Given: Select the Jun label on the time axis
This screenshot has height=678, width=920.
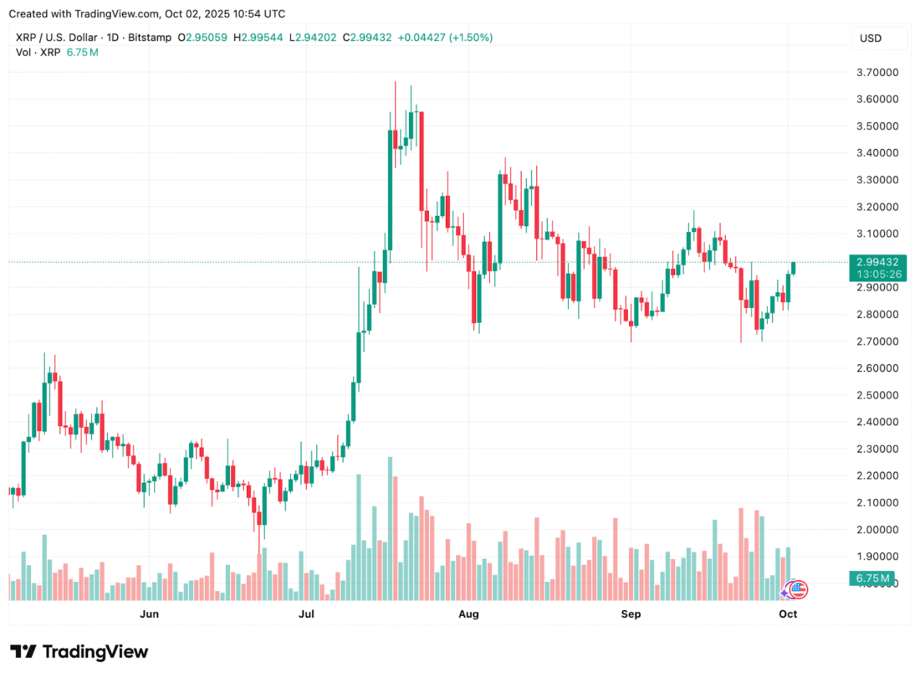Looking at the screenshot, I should pos(149,614).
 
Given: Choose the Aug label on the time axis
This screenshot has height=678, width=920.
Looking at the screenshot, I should pos(469,614).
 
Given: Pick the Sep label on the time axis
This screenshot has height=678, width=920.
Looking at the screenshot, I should pos(631,614).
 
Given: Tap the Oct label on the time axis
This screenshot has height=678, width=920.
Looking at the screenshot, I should pos(788,614).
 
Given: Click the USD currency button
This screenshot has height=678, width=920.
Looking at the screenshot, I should pos(871,39).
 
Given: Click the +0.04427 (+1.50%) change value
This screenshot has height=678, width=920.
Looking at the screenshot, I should pos(446,38).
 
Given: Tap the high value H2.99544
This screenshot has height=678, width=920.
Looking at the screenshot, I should pos(258,38).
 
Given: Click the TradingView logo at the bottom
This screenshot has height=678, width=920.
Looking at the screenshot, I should pos(79,652).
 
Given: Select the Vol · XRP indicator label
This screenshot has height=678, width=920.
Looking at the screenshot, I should pos(38,53).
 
